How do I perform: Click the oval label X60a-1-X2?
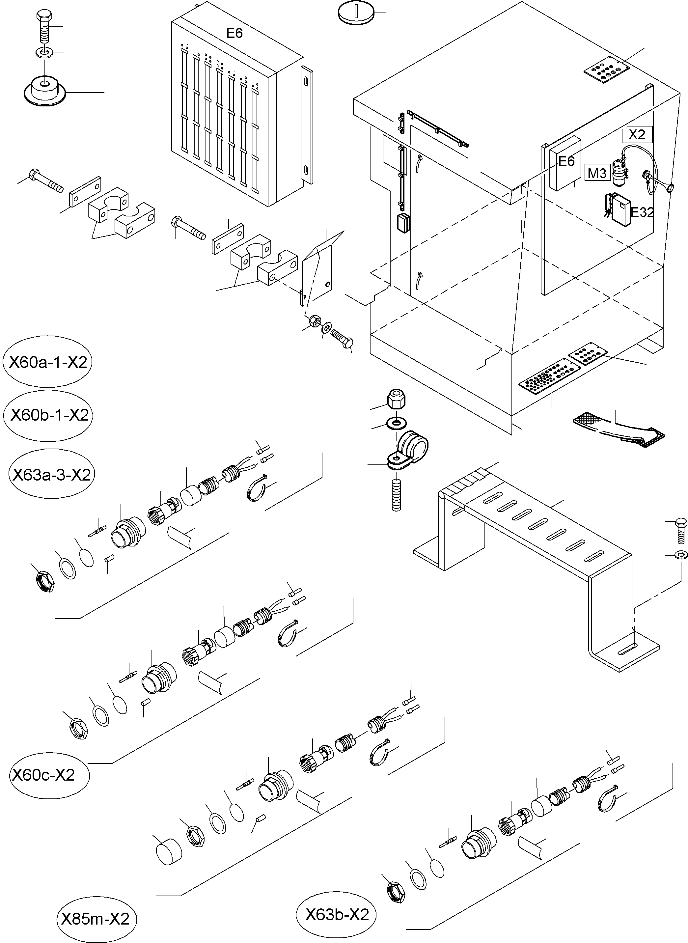coord(47,362)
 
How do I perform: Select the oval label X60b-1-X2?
coord(48,415)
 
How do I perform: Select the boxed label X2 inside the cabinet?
coord(636,134)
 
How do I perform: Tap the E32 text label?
coord(642,212)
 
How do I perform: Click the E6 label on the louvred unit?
coord(234,33)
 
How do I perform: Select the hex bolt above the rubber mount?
coord(44,27)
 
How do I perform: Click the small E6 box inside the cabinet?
coord(565,162)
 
